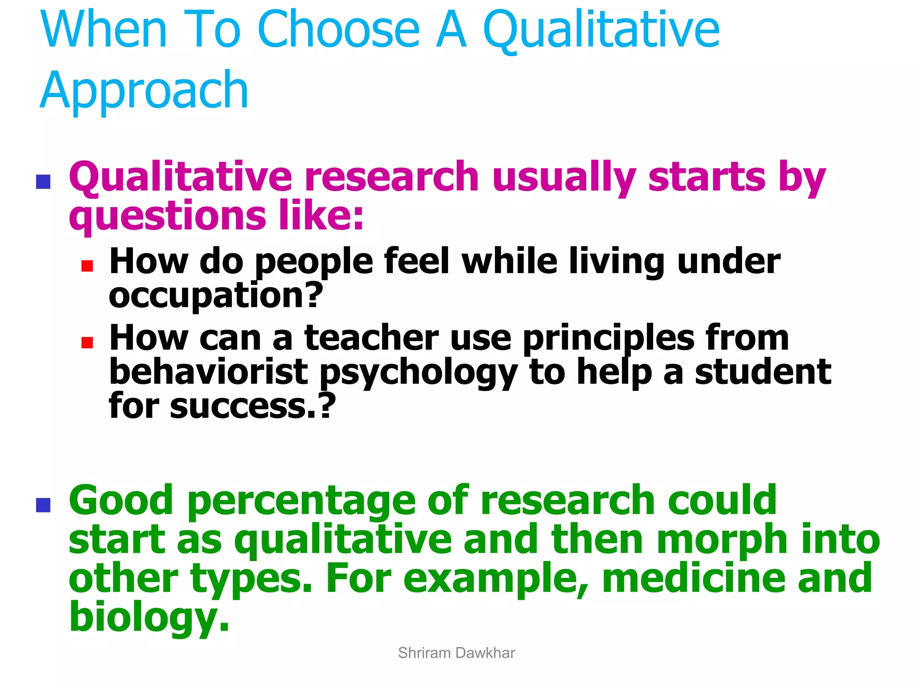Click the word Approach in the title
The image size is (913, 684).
(x=144, y=91)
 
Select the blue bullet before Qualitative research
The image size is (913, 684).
(x=43, y=182)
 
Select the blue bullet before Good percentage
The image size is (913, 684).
(x=43, y=505)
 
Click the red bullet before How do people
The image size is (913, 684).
(x=87, y=266)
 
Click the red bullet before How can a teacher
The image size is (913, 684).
(x=87, y=342)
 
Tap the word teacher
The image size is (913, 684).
(x=371, y=338)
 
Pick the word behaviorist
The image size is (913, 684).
(x=208, y=372)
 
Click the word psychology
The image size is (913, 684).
(x=418, y=373)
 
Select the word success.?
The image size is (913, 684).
(x=252, y=406)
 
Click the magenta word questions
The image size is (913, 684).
(x=168, y=216)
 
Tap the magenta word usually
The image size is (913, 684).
(x=564, y=177)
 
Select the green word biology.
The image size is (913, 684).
(x=149, y=617)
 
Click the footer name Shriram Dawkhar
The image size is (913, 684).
(x=456, y=653)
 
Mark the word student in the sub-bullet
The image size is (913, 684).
(x=763, y=372)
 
